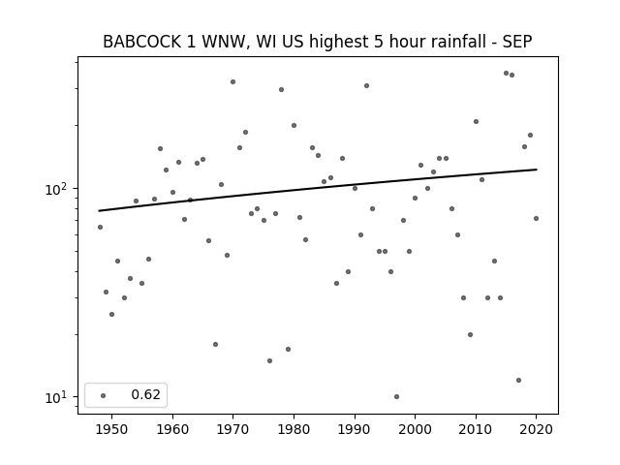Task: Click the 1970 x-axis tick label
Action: coord(232,429)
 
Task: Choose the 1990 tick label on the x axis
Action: coord(355,429)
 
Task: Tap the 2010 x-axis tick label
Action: coord(476,429)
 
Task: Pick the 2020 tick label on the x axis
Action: coord(536,429)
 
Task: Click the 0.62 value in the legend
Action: coord(144,395)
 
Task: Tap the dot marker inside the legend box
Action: coord(103,395)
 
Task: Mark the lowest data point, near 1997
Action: coord(396,396)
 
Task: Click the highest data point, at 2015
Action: coord(506,73)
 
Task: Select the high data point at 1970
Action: coord(232,81)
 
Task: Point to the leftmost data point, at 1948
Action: coord(100,227)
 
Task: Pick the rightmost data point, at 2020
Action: coord(536,218)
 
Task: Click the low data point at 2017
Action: coord(518,380)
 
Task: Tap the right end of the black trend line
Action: coord(536,170)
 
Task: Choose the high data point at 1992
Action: coord(366,85)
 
